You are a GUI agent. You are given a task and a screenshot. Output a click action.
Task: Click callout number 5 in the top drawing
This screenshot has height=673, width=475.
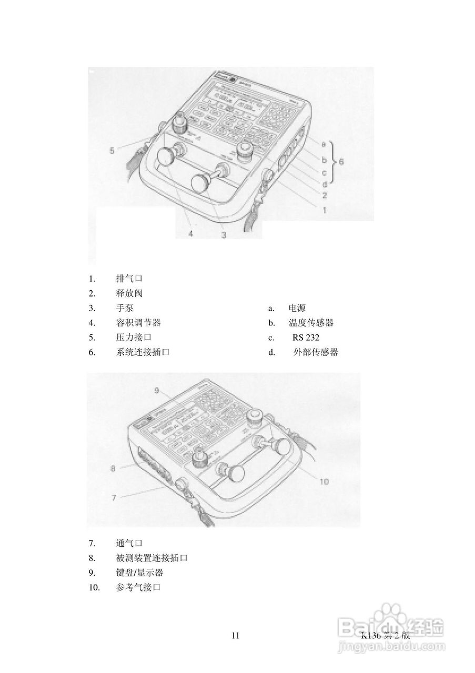(112, 151)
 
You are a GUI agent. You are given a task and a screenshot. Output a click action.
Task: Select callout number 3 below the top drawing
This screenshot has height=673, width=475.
(224, 236)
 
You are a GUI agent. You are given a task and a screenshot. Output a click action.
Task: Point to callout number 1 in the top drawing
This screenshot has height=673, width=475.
(325, 210)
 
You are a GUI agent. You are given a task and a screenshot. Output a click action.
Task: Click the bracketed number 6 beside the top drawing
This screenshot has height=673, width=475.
(340, 161)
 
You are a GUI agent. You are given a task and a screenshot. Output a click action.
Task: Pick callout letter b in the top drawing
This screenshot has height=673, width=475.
(324, 159)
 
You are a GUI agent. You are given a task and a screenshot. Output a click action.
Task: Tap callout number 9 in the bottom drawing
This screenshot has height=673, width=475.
(157, 390)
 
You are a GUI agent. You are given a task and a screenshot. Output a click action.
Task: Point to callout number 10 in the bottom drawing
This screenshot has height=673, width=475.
(325, 481)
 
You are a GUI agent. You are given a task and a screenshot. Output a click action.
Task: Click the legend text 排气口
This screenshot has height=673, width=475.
(129, 278)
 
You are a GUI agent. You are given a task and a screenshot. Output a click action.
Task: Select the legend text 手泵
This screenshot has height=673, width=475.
(125, 308)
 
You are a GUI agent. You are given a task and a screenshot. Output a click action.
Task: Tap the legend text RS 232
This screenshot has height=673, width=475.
(306, 338)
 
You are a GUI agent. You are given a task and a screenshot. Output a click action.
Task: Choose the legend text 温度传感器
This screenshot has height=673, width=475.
(311, 323)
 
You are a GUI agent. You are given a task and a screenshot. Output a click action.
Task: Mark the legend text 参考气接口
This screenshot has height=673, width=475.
(138, 587)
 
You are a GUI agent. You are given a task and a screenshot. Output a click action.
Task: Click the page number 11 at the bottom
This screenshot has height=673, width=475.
(235, 636)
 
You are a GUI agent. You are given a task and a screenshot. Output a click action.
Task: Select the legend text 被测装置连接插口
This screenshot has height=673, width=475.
(152, 558)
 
